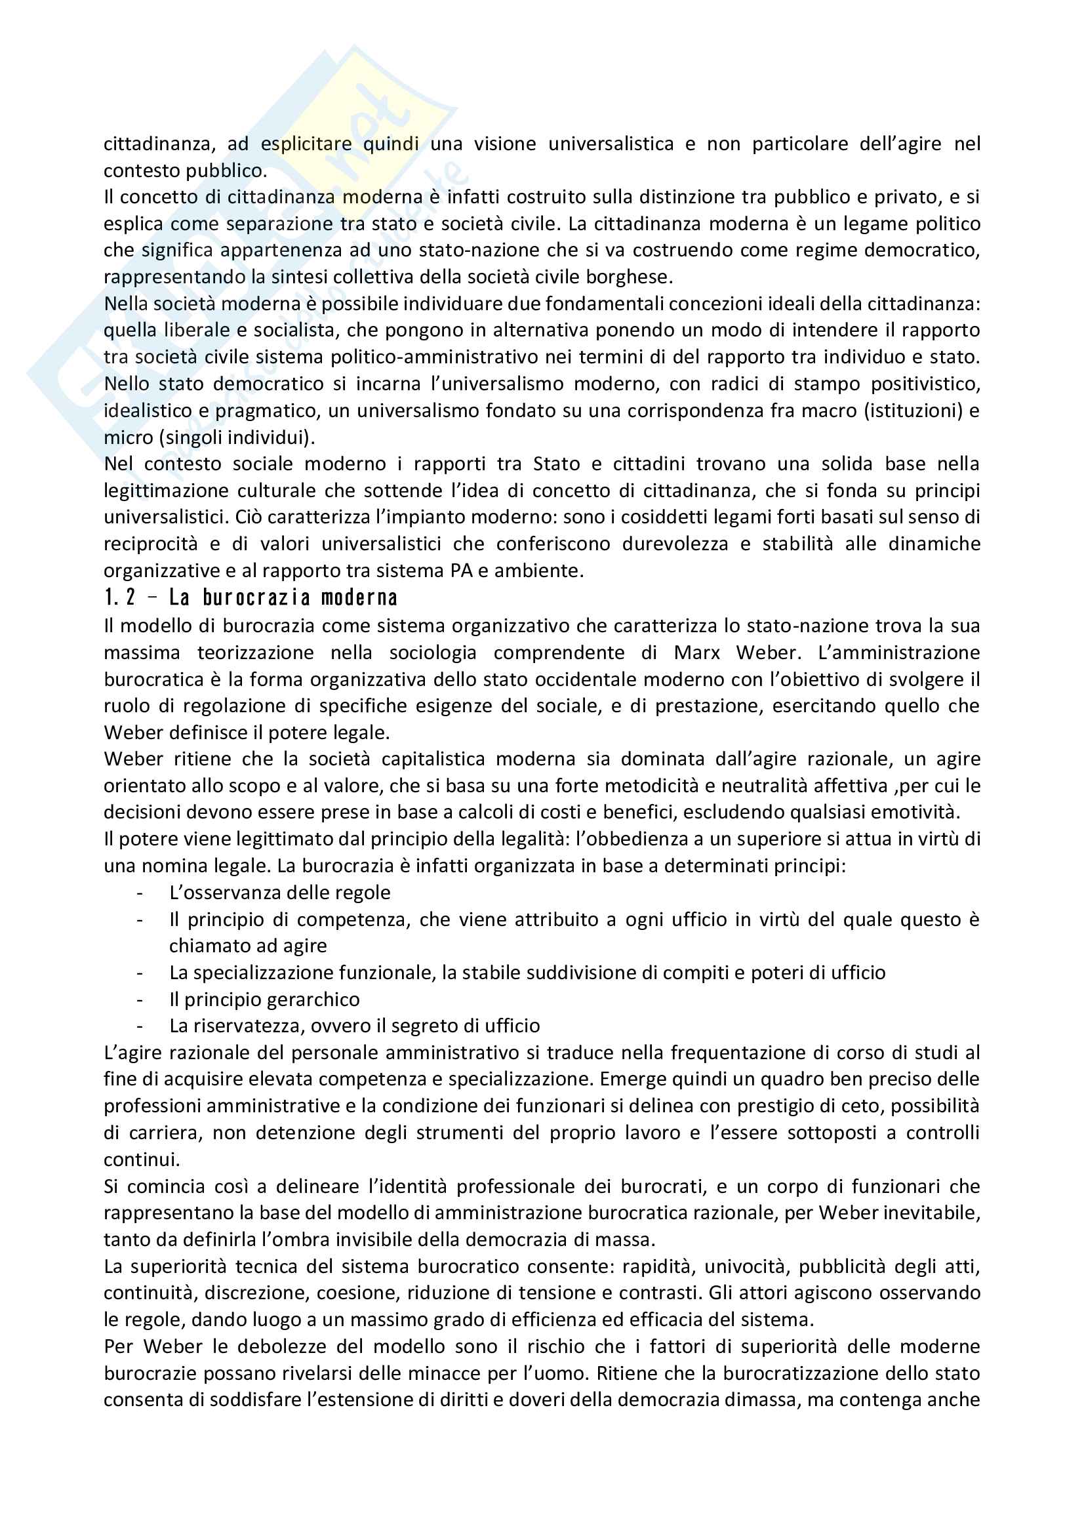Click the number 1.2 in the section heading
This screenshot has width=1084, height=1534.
(x=120, y=597)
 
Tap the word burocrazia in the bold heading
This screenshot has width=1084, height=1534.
(x=256, y=597)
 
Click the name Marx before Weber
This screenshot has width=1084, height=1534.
(x=696, y=652)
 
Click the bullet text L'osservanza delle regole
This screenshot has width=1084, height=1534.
(x=279, y=893)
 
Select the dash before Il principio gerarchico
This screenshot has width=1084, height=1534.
(x=140, y=999)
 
